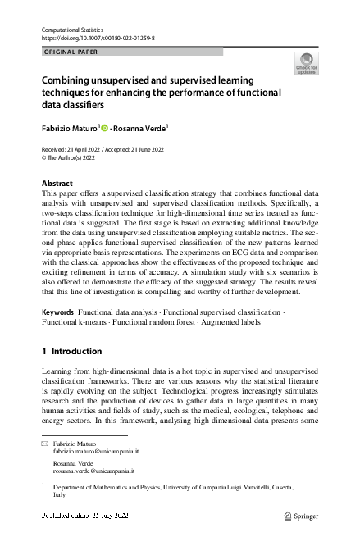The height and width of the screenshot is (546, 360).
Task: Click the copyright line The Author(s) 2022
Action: click(70, 157)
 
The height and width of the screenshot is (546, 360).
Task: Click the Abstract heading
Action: click(57, 183)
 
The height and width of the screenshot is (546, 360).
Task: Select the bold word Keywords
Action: click(57, 313)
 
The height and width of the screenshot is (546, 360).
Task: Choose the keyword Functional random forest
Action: click(156, 324)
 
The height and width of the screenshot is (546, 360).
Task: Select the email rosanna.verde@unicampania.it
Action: click(94, 471)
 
